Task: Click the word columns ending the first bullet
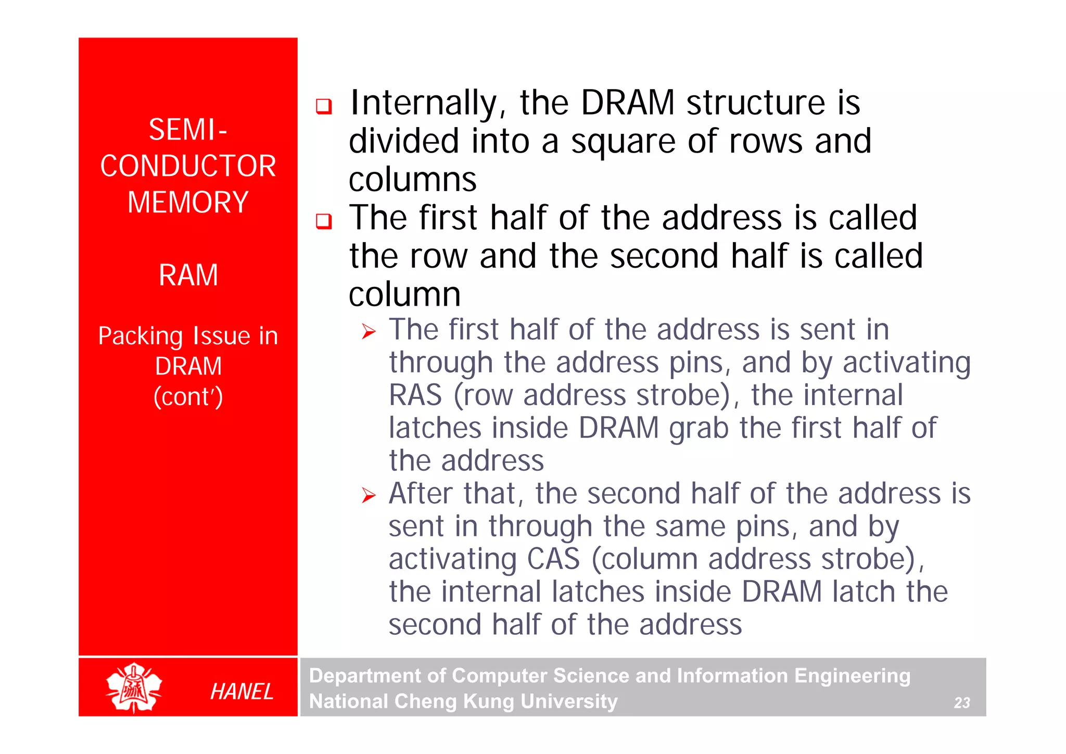[x=412, y=180]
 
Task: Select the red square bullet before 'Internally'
[x=324, y=107]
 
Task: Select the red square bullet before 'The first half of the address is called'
[x=324, y=222]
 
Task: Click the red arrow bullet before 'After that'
[x=369, y=495]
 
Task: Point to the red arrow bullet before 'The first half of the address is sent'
[x=369, y=331]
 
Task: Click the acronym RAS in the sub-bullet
[x=415, y=395]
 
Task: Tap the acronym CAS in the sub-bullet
[x=553, y=559]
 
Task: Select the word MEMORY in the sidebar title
[x=188, y=202]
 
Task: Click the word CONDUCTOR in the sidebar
[x=188, y=166]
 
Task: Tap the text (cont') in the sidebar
[x=188, y=397]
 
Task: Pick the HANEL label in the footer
[x=242, y=692]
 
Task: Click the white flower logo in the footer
[x=134, y=687]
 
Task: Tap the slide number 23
[x=961, y=703]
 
